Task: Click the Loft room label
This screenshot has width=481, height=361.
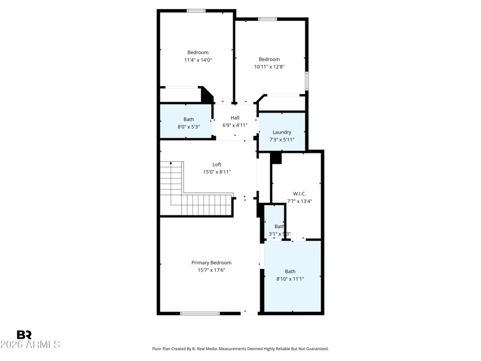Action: tap(217, 164)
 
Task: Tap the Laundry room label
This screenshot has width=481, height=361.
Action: tap(282, 132)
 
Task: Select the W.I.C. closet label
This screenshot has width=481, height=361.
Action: tap(299, 194)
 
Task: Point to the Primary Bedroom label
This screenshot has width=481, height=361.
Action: tap(211, 263)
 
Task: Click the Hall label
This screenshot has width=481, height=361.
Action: tap(235, 118)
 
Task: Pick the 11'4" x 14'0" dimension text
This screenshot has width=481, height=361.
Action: tap(198, 60)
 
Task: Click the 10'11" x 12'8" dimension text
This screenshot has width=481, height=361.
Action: tap(269, 67)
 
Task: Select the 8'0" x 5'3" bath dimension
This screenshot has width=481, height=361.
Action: tap(189, 127)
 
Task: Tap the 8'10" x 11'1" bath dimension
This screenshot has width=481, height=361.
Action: tap(290, 279)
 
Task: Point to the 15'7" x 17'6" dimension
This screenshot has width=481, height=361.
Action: tap(211, 270)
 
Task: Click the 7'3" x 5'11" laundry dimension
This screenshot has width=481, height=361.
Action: tap(282, 140)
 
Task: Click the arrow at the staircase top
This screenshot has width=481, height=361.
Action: tap(171, 163)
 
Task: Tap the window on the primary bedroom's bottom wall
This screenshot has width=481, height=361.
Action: tap(200, 313)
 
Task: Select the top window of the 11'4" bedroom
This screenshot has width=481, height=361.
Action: tap(196, 11)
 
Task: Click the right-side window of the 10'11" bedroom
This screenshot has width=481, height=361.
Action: tap(307, 81)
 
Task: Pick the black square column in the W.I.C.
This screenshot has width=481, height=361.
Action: tap(276, 158)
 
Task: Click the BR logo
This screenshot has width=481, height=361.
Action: tap(24, 335)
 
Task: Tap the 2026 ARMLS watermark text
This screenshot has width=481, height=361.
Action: tap(30, 345)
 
